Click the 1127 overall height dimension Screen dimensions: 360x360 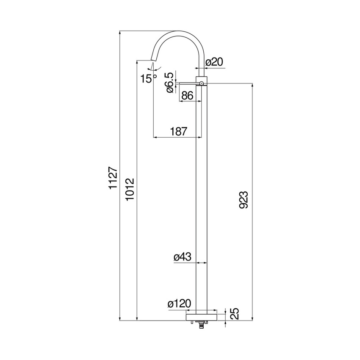[x=113, y=178]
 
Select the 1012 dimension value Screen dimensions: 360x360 [x=130, y=190]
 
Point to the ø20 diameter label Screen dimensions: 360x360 [x=214, y=62]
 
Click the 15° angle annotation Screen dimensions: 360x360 [x=149, y=78]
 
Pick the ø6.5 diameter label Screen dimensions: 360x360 [x=169, y=82]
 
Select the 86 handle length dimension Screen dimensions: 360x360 [x=187, y=96]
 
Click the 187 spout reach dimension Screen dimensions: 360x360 [x=178, y=132]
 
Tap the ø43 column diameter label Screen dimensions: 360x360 [x=183, y=257]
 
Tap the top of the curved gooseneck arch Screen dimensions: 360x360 [x=178, y=32]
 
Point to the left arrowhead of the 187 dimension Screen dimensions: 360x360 [x=155, y=137]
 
